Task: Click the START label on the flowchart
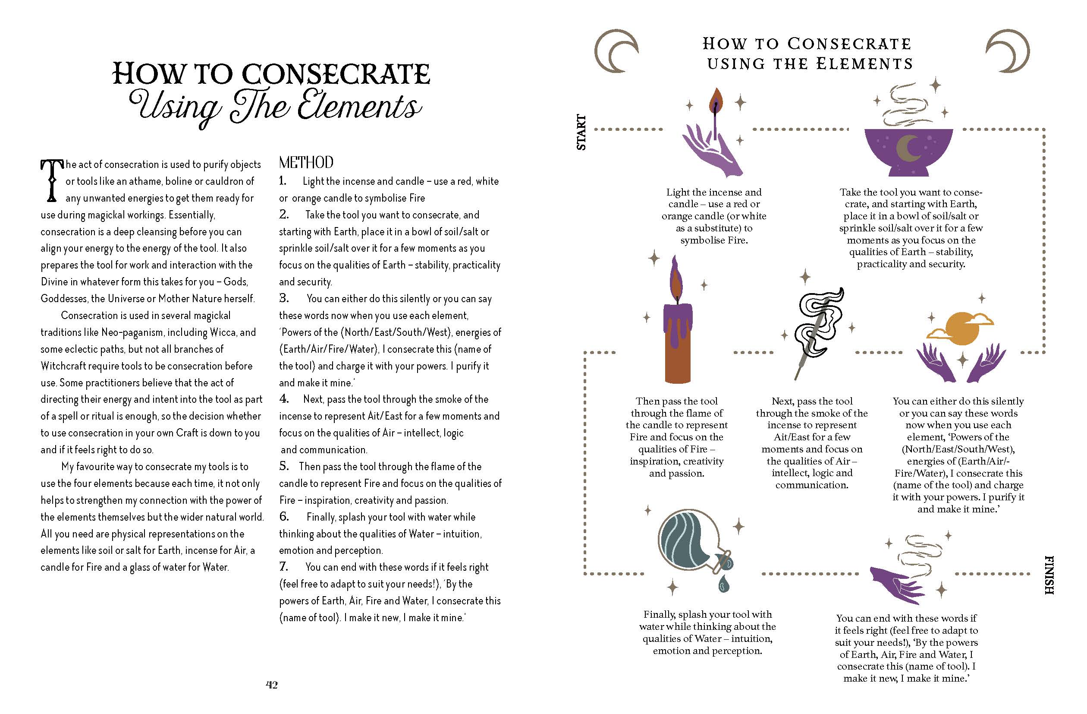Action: point(581,132)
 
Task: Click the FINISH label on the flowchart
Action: point(1049,575)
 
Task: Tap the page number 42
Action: point(272,685)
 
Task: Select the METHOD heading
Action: point(306,162)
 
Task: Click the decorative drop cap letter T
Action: point(52,181)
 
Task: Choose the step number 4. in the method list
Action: point(284,399)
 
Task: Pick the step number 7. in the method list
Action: point(284,567)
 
